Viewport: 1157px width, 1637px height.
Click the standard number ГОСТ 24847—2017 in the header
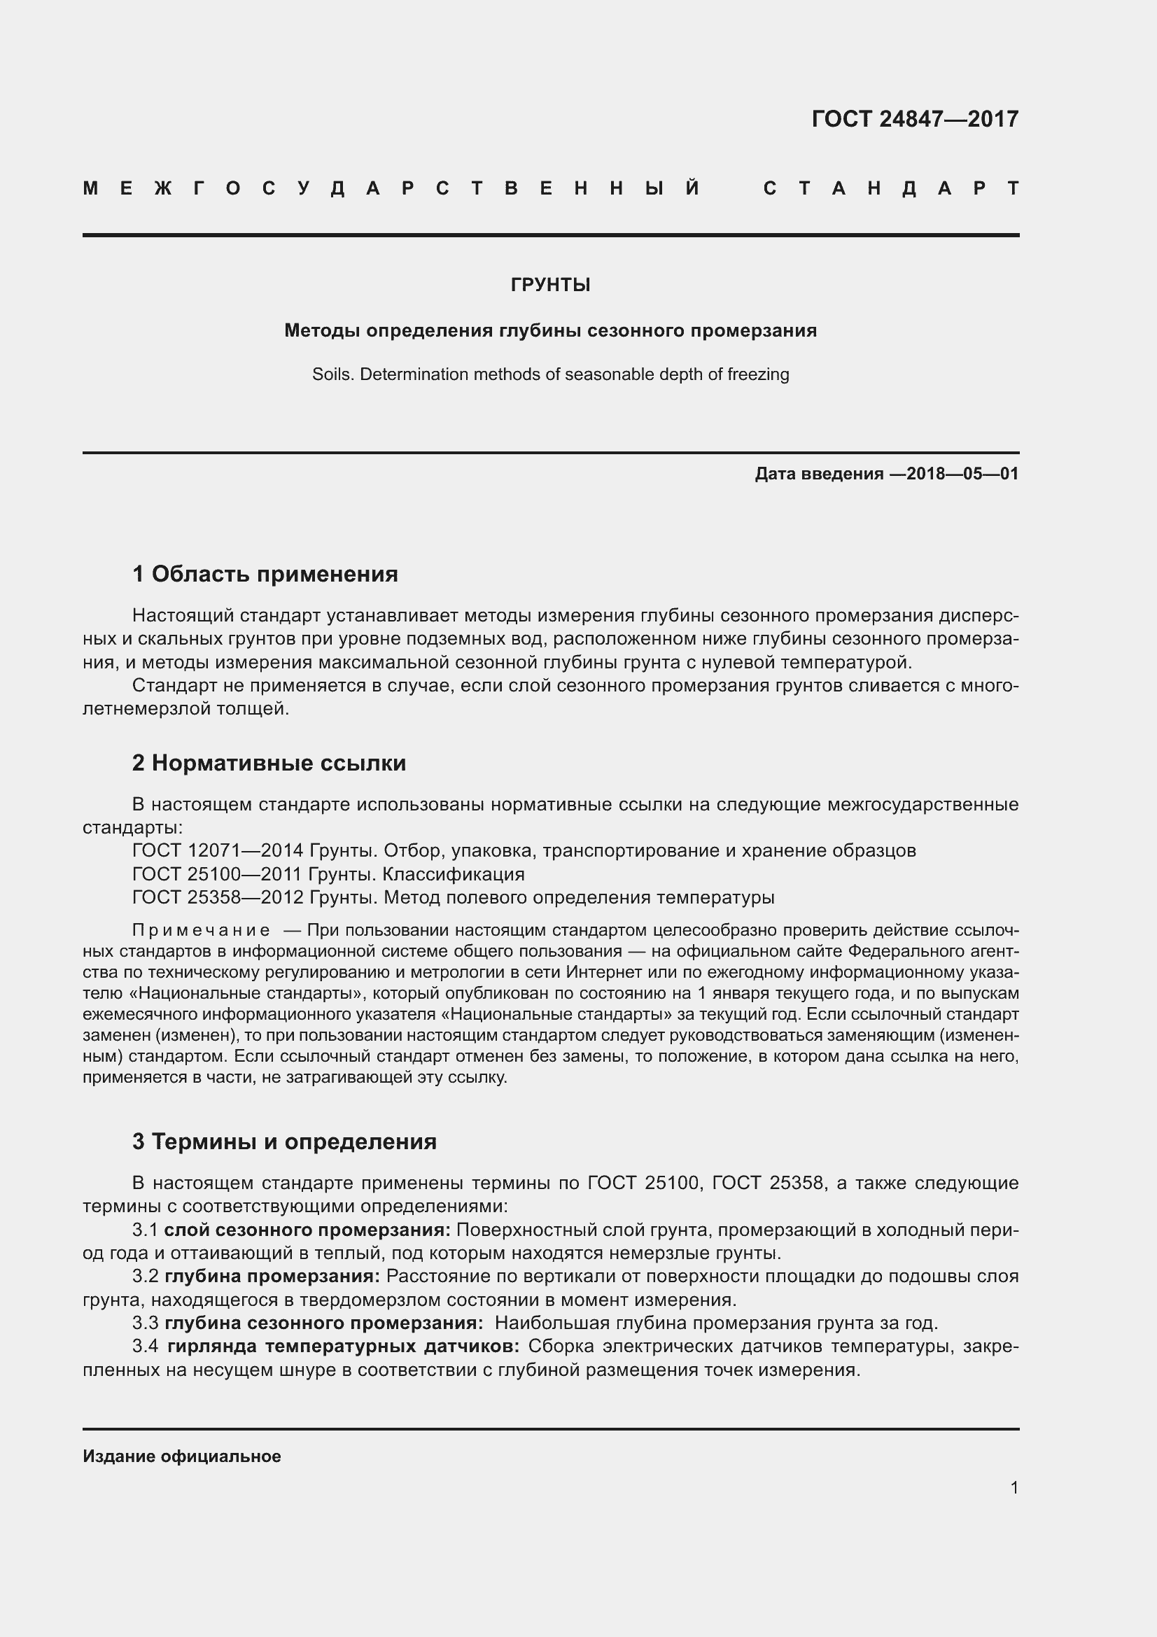[x=915, y=118]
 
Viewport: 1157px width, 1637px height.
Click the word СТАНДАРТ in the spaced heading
[x=891, y=188]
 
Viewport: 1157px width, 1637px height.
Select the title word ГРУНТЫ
[x=550, y=285]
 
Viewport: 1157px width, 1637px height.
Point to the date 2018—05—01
[x=962, y=473]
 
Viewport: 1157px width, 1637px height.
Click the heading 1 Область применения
[x=265, y=574]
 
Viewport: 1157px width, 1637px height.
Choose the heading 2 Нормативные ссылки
[x=269, y=763]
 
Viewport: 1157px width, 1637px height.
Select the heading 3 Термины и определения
[x=284, y=1141]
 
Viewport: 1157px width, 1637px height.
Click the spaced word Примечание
[x=201, y=930]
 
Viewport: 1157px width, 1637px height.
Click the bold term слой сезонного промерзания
[x=307, y=1230]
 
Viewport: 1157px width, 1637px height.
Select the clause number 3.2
[x=146, y=1277]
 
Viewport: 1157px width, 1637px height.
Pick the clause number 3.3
[x=146, y=1323]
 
